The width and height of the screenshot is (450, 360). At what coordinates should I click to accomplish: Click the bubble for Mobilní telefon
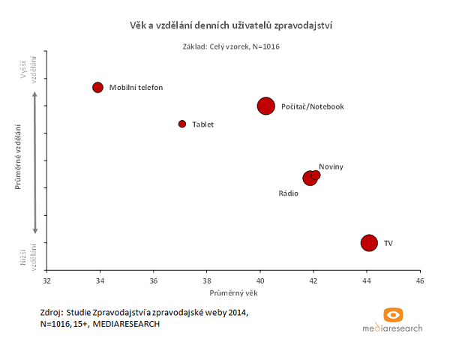97,88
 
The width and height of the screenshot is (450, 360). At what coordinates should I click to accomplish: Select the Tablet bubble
182,124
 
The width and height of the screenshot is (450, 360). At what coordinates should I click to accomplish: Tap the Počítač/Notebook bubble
265,106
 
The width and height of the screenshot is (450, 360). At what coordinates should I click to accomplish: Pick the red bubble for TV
368,243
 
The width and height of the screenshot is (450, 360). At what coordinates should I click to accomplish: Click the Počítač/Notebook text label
312,106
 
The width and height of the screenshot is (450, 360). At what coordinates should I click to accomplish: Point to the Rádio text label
289,193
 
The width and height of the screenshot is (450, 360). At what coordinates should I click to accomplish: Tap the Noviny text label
331,166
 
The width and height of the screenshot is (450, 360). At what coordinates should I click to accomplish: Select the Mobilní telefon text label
136,88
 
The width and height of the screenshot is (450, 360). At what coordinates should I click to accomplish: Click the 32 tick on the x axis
47,280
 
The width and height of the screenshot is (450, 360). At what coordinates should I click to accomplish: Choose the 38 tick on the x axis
207,280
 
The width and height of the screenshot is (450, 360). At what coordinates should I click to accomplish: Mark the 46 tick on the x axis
419,280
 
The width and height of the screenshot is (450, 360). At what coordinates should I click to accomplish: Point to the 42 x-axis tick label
313,280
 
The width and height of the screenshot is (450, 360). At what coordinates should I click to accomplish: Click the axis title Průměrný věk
233,292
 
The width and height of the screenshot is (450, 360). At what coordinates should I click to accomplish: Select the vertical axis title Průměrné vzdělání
17,160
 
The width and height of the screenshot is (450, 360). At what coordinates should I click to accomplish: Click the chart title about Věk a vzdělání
232,25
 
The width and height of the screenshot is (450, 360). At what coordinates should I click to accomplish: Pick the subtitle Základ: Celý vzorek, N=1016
232,46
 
